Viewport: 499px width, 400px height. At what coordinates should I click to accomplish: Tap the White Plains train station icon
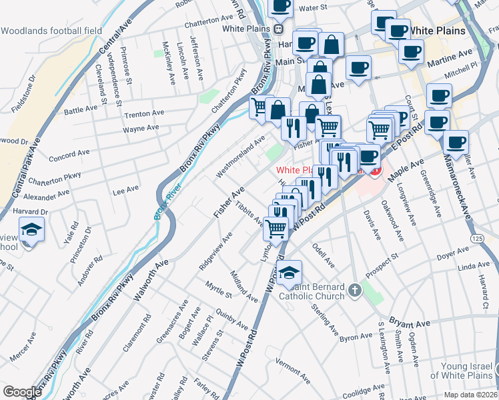pos(278,29)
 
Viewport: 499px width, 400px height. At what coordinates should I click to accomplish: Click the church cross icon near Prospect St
pos(354,290)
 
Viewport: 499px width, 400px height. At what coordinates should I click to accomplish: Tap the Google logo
pos(22,391)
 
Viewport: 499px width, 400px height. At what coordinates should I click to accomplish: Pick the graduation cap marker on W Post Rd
pos(290,272)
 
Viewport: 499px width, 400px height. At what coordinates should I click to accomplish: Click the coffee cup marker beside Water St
pos(281,7)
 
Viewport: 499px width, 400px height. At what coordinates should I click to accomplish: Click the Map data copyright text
pos(470,395)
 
